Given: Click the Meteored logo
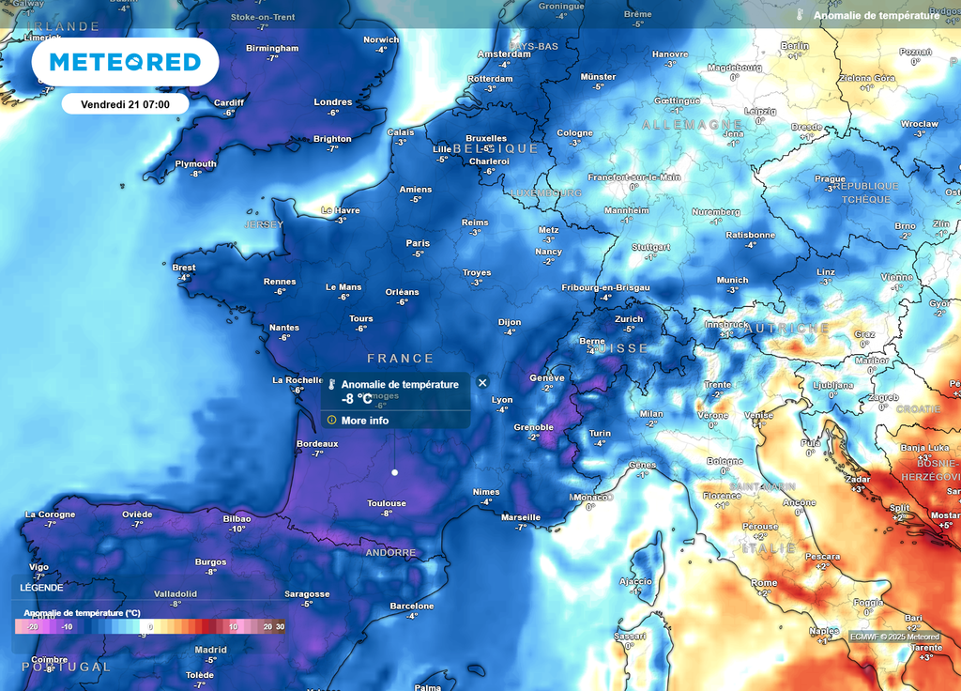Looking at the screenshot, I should (125, 62).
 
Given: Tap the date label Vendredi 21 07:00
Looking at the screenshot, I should (125, 103).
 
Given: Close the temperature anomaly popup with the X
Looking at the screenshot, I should (482, 382).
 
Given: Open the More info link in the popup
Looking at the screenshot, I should (364, 421).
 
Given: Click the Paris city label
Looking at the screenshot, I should (418, 243).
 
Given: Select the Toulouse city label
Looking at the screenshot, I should (387, 503).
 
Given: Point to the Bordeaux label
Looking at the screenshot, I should (317, 443).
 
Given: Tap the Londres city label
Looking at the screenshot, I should (333, 102).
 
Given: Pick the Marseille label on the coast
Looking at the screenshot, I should (521, 516).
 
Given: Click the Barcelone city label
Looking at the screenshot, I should (412, 606).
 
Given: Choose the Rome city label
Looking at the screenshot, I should (764, 583).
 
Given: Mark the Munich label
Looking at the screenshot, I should (733, 280).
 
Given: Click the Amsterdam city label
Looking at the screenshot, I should (504, 54).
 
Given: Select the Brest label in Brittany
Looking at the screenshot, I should (185, 267).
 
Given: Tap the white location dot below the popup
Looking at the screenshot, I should (394, 472).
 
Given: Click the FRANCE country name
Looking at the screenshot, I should (401, 359).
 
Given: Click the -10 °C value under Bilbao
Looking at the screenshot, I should (236, 529).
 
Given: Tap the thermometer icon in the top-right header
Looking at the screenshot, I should (801, 16).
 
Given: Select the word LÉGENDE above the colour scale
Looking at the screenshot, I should (42, 588).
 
